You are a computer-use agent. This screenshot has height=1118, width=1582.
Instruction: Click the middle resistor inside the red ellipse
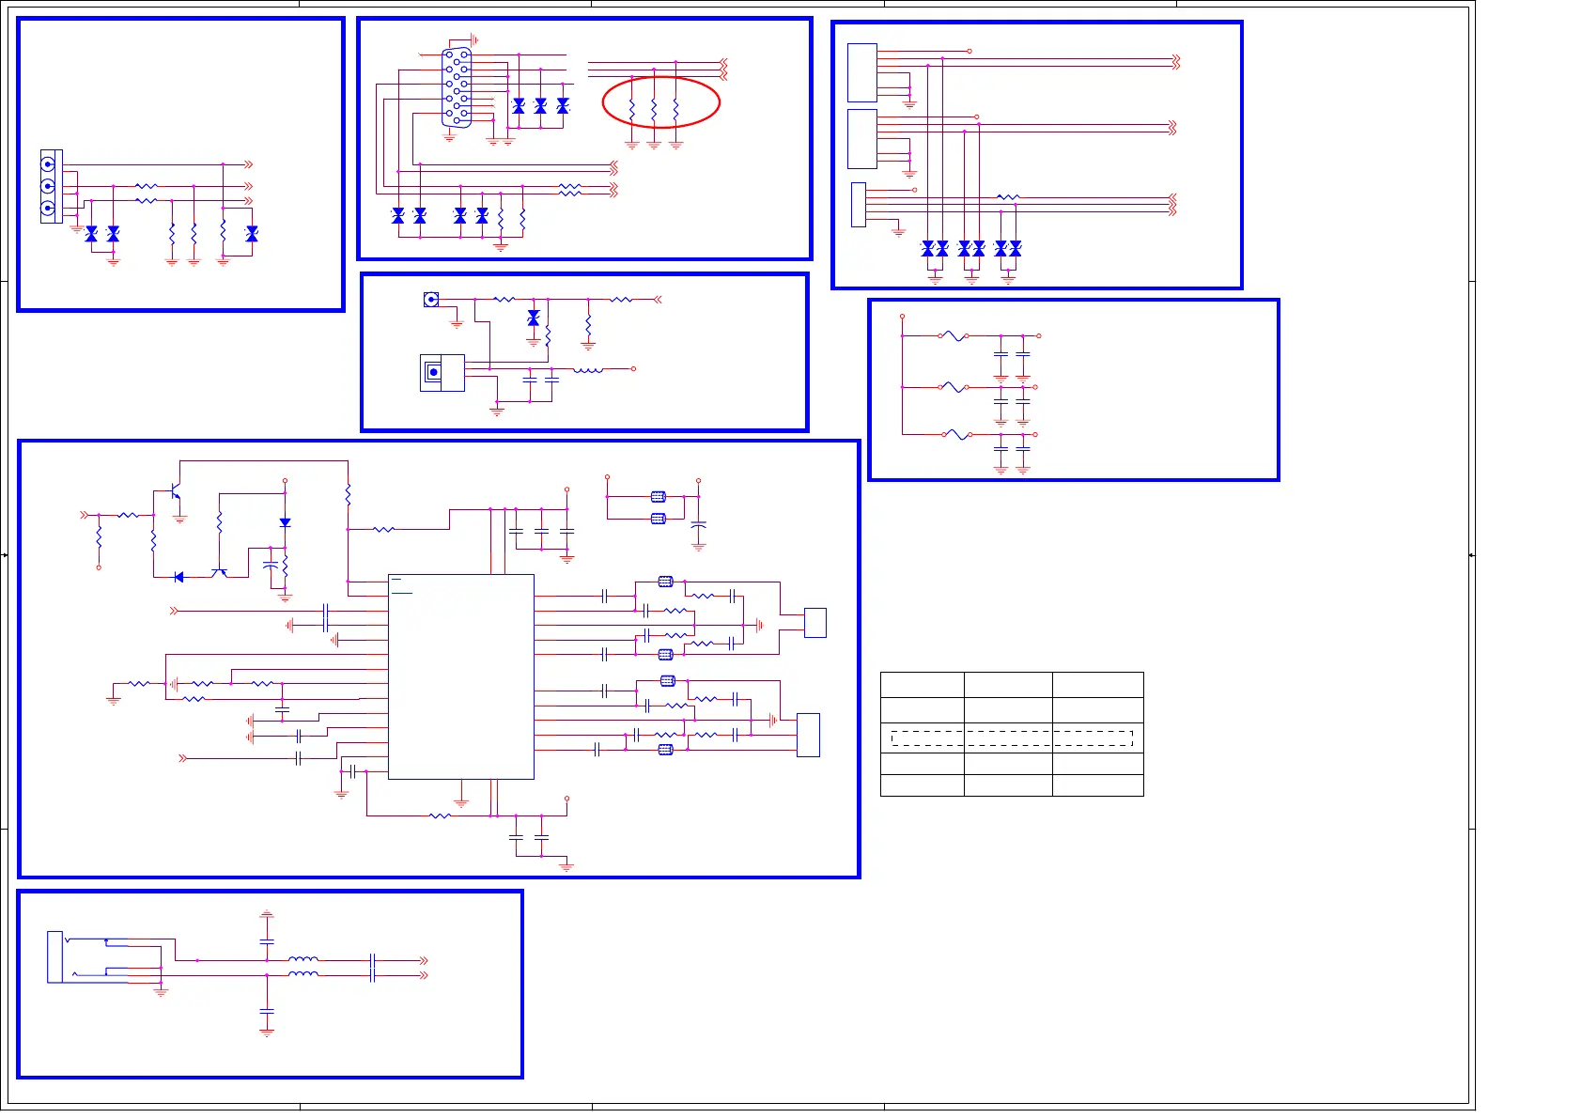[x=654, y=111]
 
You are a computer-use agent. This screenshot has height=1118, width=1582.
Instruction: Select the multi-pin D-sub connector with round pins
[x=457, y=87]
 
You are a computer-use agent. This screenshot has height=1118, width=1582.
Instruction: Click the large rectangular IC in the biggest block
[x=461, y=676]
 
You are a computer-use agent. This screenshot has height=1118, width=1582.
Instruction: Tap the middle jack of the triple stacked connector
[x=48, y=186]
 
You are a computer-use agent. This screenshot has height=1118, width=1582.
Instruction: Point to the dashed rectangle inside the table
[x=1012, y=738]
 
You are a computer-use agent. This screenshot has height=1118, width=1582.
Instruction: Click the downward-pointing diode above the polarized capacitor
[x=285, y=522]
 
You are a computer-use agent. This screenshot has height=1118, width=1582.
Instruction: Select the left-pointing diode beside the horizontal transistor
[x=178, y=577]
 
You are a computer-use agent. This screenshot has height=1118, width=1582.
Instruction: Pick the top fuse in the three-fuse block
[x=954, y=335]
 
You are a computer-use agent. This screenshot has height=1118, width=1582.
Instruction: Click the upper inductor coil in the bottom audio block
[x=302, y=960]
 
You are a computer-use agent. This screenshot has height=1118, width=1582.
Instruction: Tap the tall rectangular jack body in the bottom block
[x=54, y=956]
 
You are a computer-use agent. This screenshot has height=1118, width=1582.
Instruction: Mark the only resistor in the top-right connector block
[x=1008, y=197]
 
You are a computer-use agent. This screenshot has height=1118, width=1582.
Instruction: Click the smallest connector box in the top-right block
[x=858, y=204]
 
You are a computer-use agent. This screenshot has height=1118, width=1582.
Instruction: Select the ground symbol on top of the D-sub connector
[x=474, y=40]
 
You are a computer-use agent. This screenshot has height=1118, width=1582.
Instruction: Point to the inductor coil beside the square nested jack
[x=588, y=369]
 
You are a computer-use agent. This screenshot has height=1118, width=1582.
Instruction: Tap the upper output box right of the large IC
[x=815, y=623]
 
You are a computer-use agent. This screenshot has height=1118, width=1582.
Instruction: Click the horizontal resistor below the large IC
[x=440, y=815]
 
